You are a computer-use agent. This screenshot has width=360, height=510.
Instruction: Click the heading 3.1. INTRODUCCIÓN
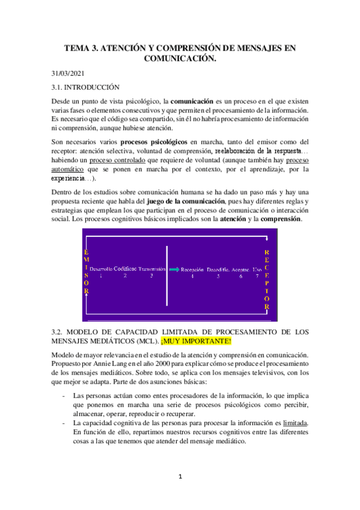[x=86, y=87]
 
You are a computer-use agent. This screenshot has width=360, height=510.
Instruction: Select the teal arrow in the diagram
[x=173, y=270]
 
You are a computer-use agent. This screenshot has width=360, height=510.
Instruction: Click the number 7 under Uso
[x=257, y=277]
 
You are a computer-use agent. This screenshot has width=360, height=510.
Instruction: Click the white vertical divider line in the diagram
[x=166, y=274]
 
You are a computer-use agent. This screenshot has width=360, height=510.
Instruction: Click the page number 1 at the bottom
[x=180, y=477]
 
